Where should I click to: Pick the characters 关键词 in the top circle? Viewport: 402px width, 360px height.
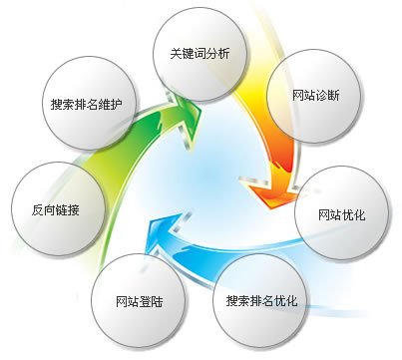click(x=187, y=54)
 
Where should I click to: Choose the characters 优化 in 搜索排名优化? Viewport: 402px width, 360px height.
click(x=284, y=300)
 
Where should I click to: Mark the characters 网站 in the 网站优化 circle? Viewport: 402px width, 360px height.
click(x=328, y=214)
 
